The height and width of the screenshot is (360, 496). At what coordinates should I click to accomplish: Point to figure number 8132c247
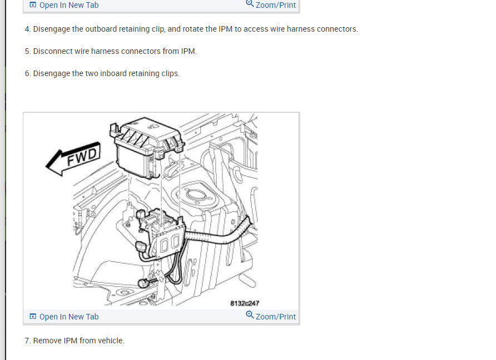pos(245,303)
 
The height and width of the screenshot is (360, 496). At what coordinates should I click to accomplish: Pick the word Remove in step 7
pos(47,341)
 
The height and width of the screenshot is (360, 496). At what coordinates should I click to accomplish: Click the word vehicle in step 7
pos(111,341)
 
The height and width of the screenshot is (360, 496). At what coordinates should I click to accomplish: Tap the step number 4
pos(27,29)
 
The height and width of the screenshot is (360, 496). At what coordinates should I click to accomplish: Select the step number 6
pos(27,73)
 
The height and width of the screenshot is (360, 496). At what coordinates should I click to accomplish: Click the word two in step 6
pos(91,73)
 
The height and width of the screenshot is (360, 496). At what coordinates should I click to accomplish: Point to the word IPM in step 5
pos(188,51)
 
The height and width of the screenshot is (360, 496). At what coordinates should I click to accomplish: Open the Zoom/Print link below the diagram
pos(275,317)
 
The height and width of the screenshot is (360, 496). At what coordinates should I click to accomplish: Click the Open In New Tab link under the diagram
pos(68,317)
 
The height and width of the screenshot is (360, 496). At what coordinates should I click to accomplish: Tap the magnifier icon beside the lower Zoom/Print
pos(250,316)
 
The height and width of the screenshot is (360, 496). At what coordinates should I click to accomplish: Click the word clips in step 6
pos(169,73)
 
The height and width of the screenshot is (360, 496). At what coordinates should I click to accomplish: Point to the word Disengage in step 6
pos(52,73)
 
